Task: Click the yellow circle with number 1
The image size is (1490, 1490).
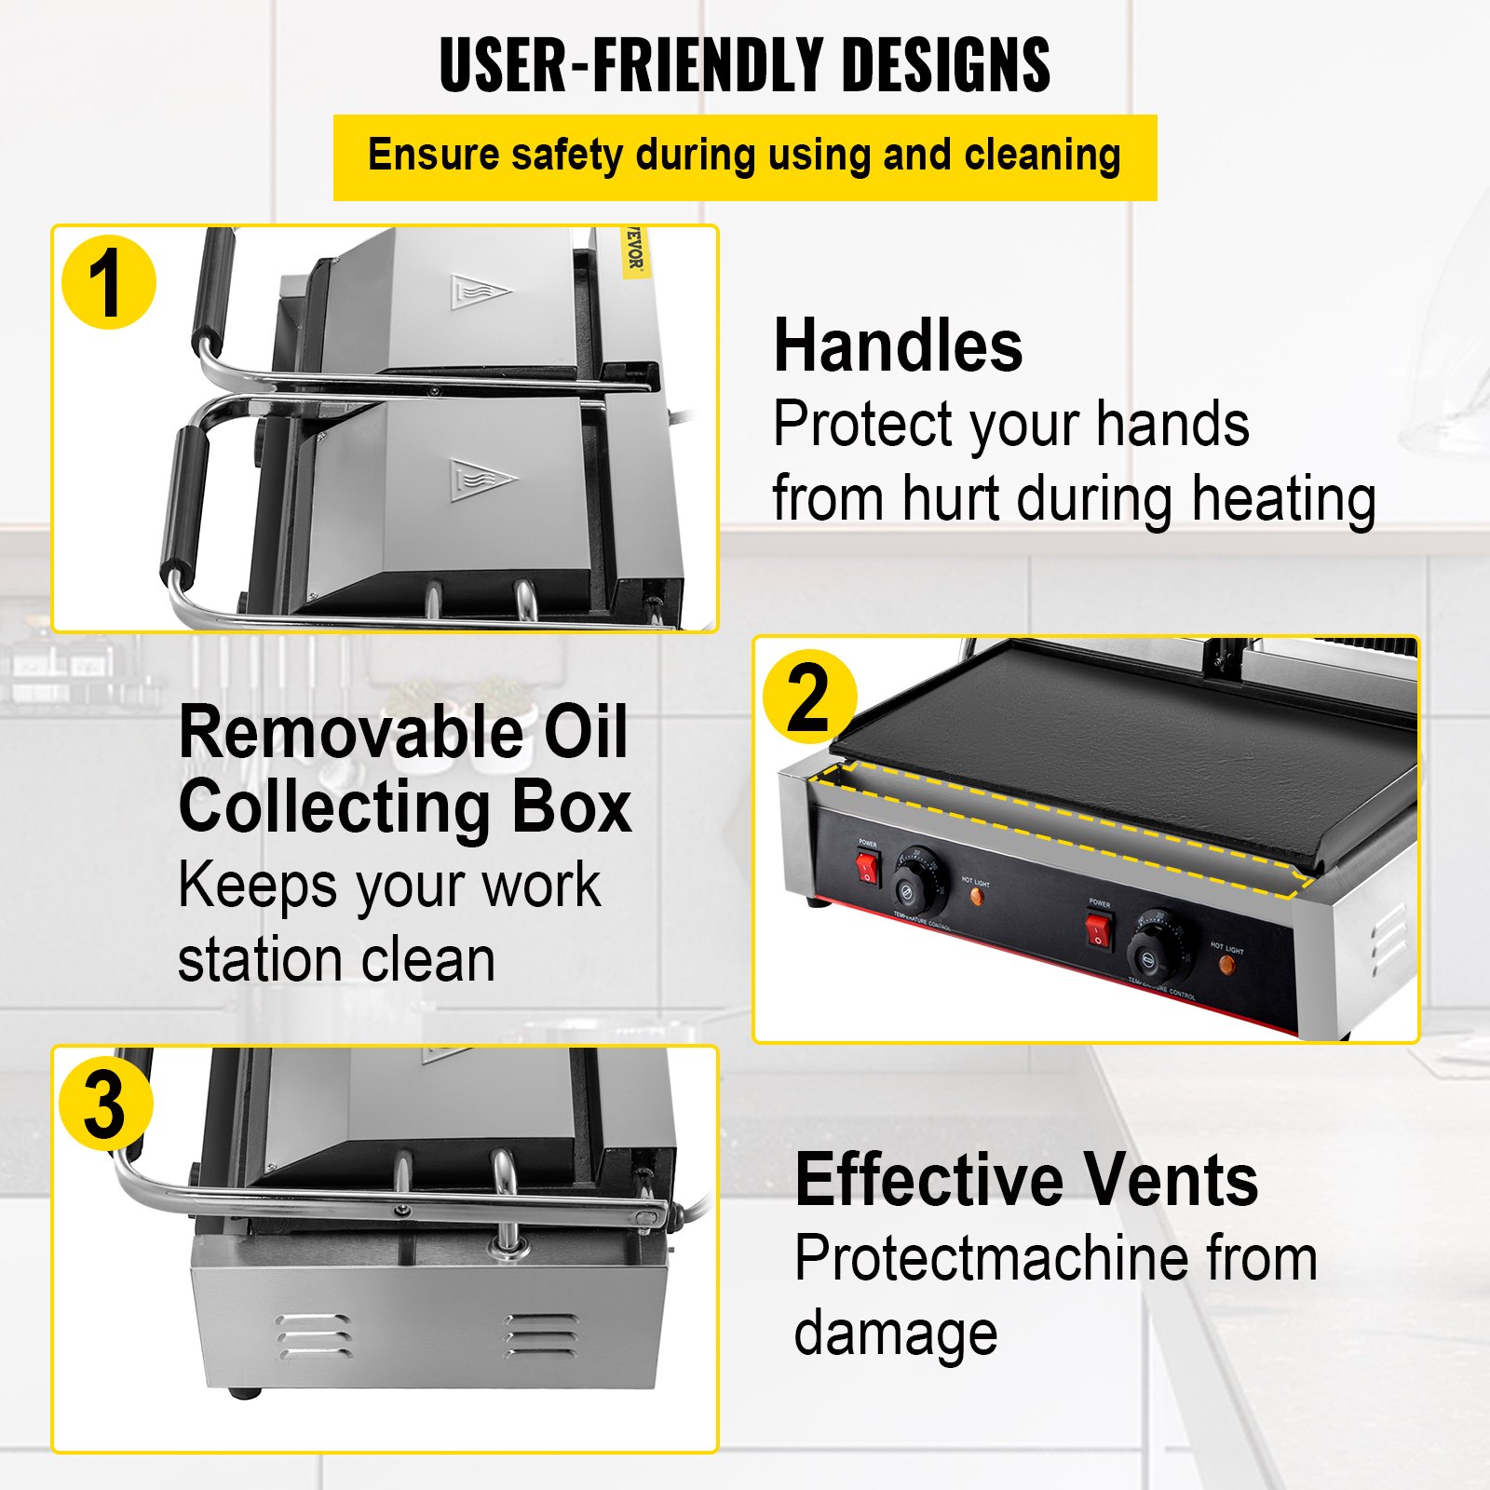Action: click(108, 283)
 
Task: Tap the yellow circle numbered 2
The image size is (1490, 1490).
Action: click(808, 697)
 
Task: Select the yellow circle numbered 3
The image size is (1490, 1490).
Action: click(105, 1104)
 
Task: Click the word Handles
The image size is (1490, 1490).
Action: click(898, 345)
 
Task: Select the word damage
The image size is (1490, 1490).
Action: click(895, 1334)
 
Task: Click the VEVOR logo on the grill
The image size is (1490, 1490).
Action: click(634, 250)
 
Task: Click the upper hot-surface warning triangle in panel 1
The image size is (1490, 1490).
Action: click(479, 292)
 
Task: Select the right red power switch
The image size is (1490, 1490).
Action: click(1099, 930)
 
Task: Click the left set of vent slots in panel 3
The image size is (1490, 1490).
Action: click(312, 1338)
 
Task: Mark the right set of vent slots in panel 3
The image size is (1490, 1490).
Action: click(539, 1335)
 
